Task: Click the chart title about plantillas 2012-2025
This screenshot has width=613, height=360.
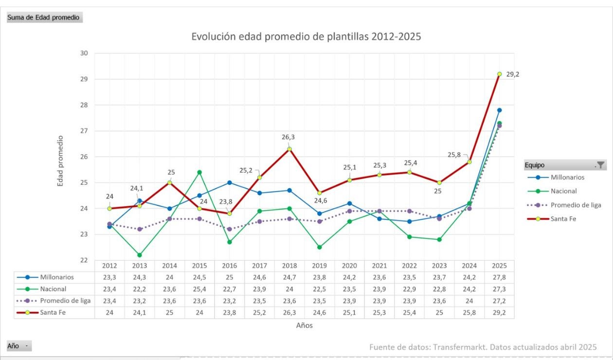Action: (306, 36)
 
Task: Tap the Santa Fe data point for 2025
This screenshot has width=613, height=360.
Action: (499, 74)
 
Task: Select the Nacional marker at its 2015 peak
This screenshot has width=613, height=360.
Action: (199, 172)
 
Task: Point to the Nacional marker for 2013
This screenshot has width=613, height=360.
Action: (139, 255)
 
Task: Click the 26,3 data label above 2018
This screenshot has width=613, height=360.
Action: (288, 137)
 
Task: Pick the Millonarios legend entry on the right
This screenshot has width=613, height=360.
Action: (567, 177)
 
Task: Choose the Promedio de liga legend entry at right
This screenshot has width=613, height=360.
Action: (576, 205)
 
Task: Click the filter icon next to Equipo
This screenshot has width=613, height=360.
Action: (600, 165)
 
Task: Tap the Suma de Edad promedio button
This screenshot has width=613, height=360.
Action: (44, 18)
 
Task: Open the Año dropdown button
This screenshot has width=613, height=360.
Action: (18, 346)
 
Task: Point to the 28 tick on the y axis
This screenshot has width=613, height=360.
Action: (84, 105)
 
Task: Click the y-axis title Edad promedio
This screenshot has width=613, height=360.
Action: (61, 161)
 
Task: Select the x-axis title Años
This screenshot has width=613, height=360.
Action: (304, 325)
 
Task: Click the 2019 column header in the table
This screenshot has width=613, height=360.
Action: (319, 266)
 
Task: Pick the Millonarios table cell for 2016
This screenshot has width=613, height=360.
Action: (229, 277)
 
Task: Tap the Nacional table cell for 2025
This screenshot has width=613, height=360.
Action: (499, 289)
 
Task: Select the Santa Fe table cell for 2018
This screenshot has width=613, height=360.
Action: (289, 313)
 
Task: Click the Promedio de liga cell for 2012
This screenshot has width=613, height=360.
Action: (109, 301)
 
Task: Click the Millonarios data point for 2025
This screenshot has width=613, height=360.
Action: (499, 110)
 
